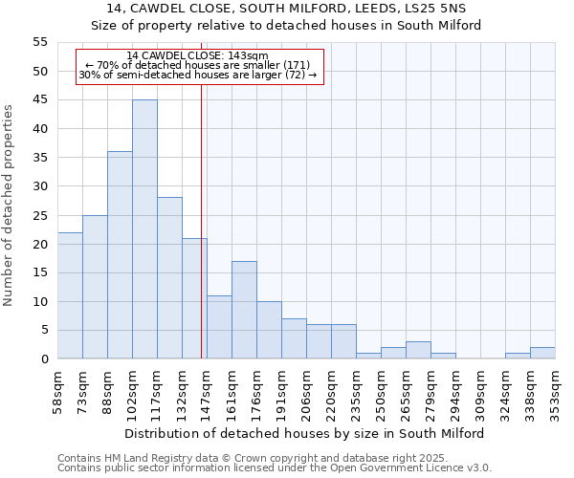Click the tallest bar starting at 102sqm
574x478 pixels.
click(x=144, y=229)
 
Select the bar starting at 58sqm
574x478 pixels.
click(x=70, y=295)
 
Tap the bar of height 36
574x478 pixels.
click(x=120, y=255)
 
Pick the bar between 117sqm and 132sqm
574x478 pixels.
click(x=169, y=278)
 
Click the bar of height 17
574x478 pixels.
click(x=244, y=310)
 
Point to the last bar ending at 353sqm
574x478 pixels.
click(x=542, y=353)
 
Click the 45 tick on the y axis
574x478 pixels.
click(x=40, y=99)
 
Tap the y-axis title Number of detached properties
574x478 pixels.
click(x=11, y=206)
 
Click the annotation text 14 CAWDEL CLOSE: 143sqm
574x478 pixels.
click(x=197, y=56)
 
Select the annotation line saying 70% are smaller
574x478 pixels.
click(x=197, y=65)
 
